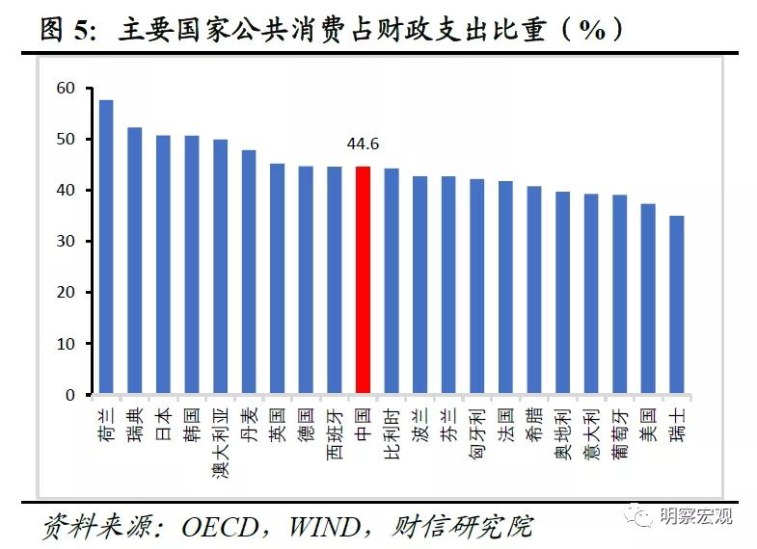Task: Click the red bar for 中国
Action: point(363,280)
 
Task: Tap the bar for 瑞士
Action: point(677,304)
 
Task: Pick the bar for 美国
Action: point(648,299)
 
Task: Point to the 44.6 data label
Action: point(363,144)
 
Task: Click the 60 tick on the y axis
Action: point(66,89)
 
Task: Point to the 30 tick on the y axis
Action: point(66,242)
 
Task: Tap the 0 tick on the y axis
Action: point(69,395)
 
